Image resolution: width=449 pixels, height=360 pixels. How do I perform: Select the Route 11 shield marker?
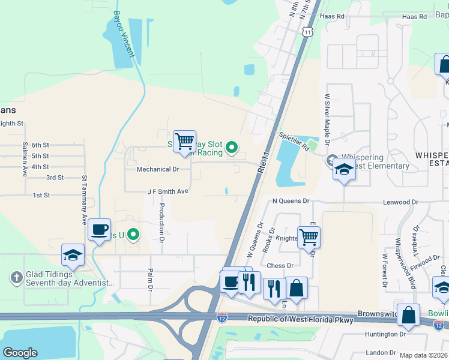(x=308, y=31)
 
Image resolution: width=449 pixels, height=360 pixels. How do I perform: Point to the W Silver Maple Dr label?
(x=328, y=119)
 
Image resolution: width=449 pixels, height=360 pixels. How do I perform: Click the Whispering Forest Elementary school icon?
(x=344, y=170)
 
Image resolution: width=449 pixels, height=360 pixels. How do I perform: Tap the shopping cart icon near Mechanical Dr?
(x=185, y=142)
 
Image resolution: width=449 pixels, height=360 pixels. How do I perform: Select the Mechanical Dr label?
(x=158, y=170)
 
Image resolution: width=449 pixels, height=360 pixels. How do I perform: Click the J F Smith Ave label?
(x=168, y=191)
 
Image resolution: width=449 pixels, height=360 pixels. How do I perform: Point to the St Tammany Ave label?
(x=85, y=200)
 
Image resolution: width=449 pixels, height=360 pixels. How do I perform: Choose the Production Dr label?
(x=161, y=219)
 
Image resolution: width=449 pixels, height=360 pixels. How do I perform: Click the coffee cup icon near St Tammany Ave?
(x=99, y=229)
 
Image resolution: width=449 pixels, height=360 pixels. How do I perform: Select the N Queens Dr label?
(x=290, y=202)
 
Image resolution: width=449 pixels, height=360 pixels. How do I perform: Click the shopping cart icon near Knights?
(x=309, y=237)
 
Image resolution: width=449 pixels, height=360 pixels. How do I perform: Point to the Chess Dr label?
(x=280, y=265)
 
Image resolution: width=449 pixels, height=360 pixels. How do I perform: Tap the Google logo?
(x=20, y=353)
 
